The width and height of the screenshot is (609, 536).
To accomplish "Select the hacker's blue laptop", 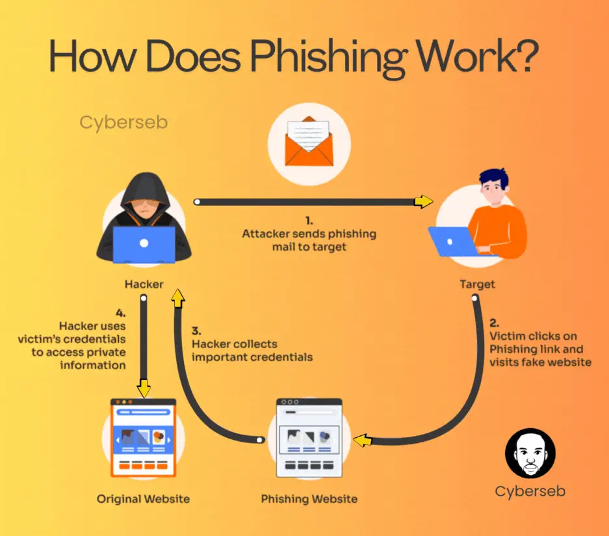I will (144, 244).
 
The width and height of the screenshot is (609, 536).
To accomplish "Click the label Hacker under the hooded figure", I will (144, 284).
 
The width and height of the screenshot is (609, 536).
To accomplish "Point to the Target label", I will (477, 284).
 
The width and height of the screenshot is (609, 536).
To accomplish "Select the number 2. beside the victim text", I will (495, 322).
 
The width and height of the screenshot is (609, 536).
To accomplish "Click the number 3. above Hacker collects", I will (196, 330).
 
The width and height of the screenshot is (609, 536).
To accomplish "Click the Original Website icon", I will (144, 436).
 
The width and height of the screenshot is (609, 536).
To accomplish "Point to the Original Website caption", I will (144, 499).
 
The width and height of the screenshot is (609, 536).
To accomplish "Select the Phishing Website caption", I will (309, 499).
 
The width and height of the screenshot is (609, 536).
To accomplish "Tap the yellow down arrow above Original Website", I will (144, 388).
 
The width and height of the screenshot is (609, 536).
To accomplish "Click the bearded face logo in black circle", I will (530, 453).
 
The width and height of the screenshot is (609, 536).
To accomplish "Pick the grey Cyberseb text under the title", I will (123, 122).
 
